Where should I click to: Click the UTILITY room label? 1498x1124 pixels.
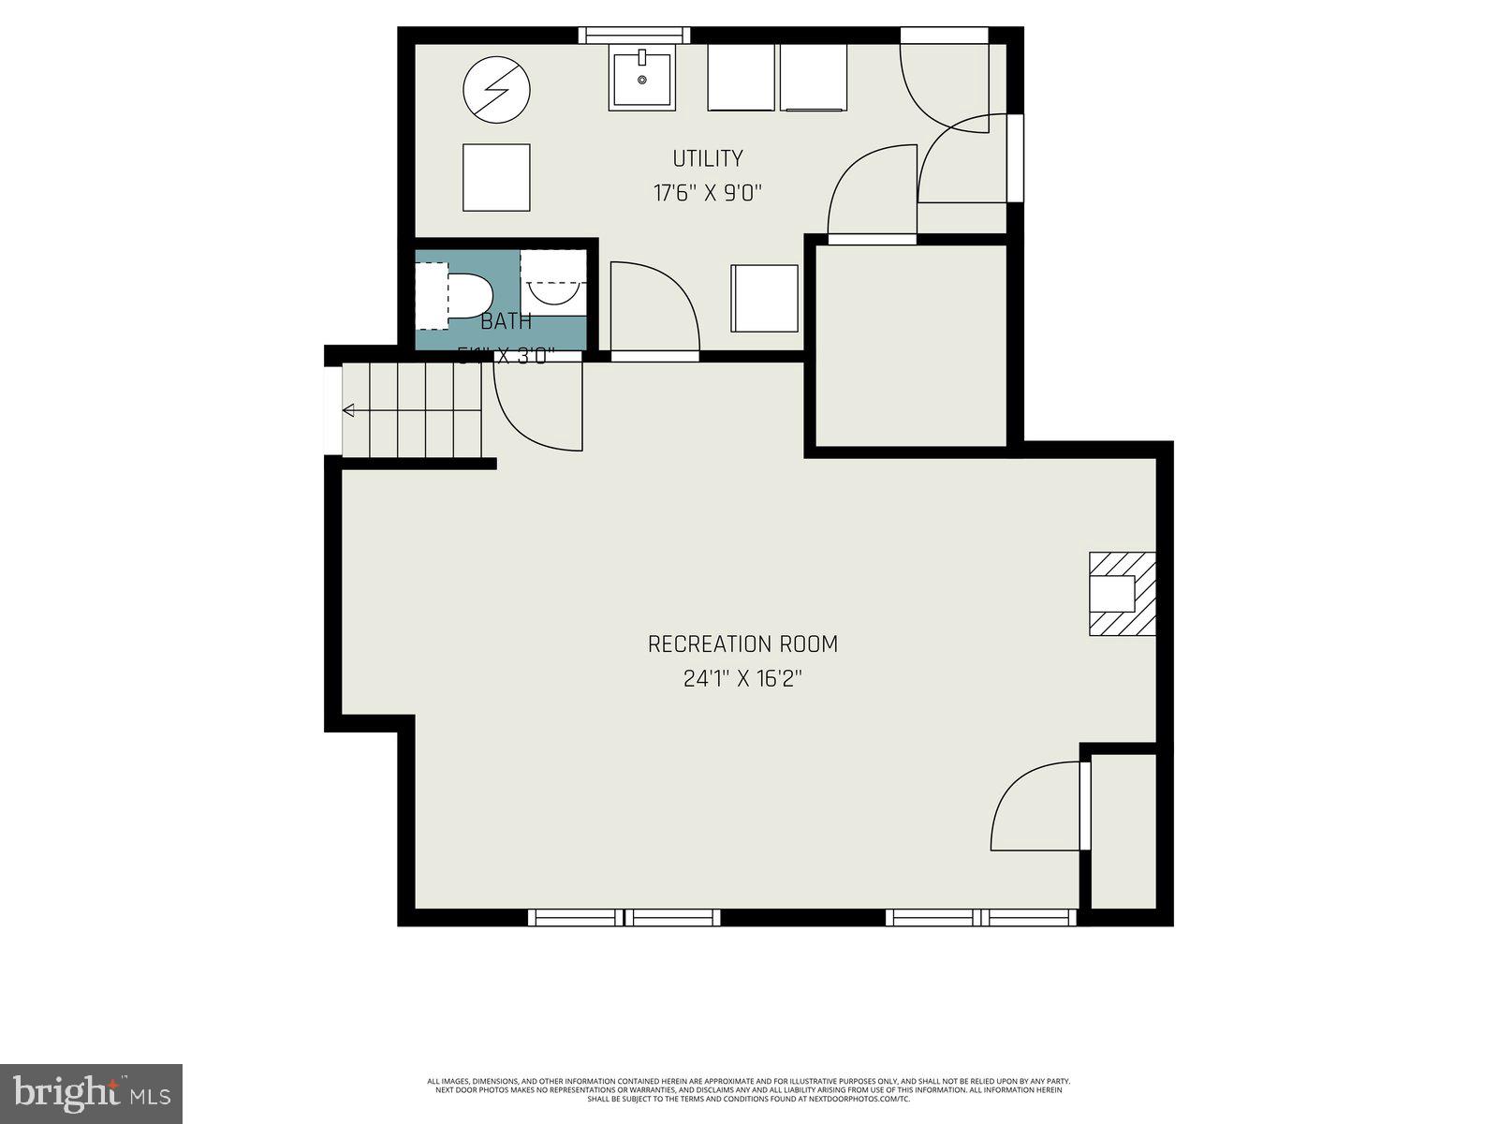click(x=708, y=158)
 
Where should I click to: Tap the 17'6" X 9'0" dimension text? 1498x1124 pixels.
click(x=708, y=194)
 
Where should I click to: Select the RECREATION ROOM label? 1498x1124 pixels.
click(x=742, y=644)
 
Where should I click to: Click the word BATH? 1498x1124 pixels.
click(x=506, y=322)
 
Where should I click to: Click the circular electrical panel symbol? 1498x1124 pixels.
click(x=497, y=91)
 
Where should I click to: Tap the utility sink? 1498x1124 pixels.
click(x=642, y=80)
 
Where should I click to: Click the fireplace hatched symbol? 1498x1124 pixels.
click(x=1122, y=594)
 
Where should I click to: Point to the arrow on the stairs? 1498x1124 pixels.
click(x=349, y=410)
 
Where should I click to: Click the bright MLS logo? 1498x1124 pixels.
click(x=91, y=1093)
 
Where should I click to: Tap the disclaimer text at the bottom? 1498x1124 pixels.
click(x=749, y=1090)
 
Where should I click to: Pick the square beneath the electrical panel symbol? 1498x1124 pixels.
click(x=496, y=177)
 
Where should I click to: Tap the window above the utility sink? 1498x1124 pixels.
click(x=634, y=36)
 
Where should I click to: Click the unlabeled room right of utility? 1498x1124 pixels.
click(x=911, y=346)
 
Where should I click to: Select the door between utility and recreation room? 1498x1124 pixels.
click(x=654, y=309)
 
